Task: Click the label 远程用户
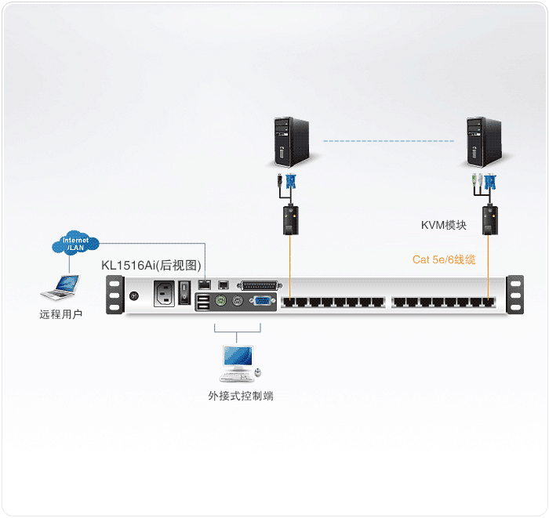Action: click(x=61, y=314)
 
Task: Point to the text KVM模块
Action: click(x=443, y=226)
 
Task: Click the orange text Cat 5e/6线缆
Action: click(x=444, y=259)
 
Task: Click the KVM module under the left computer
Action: click(x=290, y=219)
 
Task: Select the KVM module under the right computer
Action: click(x=490, y=219)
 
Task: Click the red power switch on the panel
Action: click(x=185, y=292)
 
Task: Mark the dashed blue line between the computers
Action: click(x=389, y=142)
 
